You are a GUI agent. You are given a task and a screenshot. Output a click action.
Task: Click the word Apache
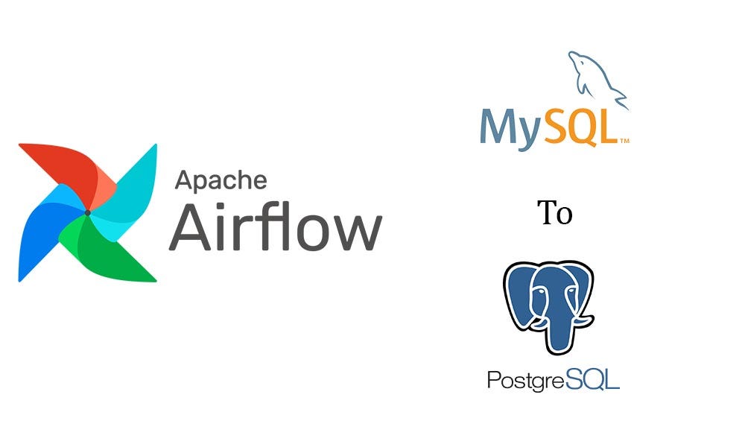point(221,181)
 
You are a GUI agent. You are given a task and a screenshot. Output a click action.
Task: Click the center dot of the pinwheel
point(88,213)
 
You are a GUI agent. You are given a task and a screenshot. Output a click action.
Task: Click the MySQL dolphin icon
point(596,78)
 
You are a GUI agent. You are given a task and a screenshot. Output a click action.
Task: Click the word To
point(555,213)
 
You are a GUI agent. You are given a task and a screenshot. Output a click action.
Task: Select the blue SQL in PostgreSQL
point(592,379)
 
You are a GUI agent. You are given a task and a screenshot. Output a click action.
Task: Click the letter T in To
point(547,213)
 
